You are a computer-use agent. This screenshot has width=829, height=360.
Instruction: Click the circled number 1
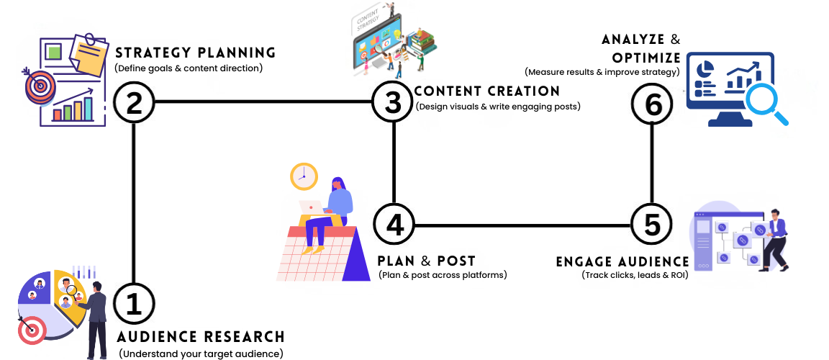tap(134, 304)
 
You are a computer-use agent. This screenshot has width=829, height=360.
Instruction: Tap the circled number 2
tap(134, 102)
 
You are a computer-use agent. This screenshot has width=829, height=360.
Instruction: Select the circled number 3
tap(393, 102)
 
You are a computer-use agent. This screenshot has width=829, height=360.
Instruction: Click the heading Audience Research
tap(201, 337)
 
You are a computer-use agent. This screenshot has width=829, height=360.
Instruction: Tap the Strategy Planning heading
tap(195, 53)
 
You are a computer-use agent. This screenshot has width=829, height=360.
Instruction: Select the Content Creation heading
tap(487, 91)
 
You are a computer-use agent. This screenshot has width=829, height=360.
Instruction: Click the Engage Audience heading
tap(622, 261)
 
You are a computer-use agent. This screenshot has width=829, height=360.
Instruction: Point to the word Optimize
tap(646, 58)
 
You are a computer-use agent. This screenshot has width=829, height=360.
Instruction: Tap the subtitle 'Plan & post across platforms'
tap(442, 274)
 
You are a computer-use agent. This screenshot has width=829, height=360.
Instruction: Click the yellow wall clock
tap(304, 176)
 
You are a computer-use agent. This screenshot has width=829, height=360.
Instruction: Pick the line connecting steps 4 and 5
tap(522, 225)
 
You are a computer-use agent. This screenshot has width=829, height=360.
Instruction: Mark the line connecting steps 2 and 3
tap(263, 102)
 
